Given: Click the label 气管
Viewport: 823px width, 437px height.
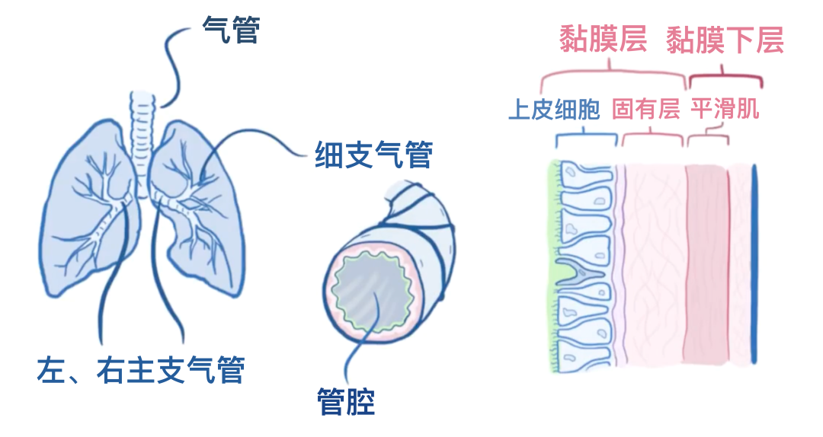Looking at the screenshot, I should [231, 30].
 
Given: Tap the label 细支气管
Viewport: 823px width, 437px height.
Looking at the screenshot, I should [373, 155].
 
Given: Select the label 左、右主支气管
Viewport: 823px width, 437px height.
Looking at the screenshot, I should [140, 370].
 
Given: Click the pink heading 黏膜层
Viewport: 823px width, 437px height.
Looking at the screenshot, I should [603, 40].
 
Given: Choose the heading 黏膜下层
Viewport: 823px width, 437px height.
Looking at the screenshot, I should [725, 40].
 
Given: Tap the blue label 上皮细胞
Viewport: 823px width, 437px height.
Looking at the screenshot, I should [554, 110].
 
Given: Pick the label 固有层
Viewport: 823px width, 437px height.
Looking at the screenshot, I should [645, 110].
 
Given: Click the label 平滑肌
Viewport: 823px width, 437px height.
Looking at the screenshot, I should [725, 110].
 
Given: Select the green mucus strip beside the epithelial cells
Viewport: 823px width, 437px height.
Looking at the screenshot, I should [553, 266].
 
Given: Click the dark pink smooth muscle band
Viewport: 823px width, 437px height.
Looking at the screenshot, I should [705, 266].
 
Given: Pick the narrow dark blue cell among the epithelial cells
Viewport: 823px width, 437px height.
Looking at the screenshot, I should [579, 272].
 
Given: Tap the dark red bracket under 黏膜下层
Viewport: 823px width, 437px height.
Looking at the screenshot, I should [725, 77].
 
